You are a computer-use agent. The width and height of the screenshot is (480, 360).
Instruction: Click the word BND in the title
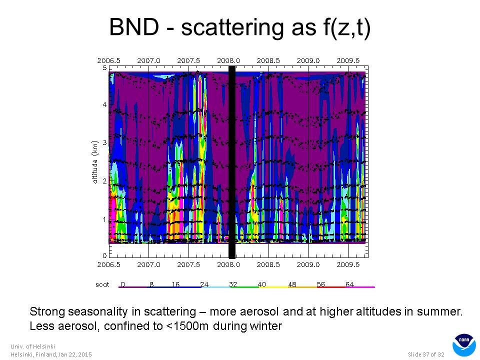(134, 27)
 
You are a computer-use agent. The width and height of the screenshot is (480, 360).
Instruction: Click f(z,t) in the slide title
(347, 27)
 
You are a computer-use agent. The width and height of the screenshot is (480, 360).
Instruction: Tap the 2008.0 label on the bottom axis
(228, 264)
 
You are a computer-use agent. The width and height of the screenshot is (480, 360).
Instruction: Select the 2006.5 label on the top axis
(108, 60)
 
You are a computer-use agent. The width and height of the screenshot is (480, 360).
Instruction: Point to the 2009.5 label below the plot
(348, 264)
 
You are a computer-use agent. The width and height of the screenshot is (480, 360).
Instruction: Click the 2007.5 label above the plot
(188, 60)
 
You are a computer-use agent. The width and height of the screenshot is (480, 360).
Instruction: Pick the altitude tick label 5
(104, 67)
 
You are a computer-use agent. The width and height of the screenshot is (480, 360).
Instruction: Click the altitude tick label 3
(104, 142)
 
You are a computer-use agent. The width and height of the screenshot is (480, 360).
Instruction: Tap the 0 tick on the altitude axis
(104, 255)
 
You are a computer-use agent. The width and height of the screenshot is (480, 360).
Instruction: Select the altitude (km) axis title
(95, 162)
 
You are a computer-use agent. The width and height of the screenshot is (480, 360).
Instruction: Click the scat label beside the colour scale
(102, 284)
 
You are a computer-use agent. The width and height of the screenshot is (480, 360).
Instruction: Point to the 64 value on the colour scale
(349, 284)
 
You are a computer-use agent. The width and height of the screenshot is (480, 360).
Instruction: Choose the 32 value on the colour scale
(233, 284)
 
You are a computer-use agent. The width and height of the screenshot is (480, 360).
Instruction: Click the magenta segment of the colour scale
(360, 287)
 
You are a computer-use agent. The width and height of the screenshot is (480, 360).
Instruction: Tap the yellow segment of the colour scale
(273, 287)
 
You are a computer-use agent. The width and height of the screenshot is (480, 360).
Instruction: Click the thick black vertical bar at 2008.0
(232, 162)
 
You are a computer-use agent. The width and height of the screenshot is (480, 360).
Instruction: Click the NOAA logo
(464, 345)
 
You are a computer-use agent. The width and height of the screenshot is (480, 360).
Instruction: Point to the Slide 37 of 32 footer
(426, 354)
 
